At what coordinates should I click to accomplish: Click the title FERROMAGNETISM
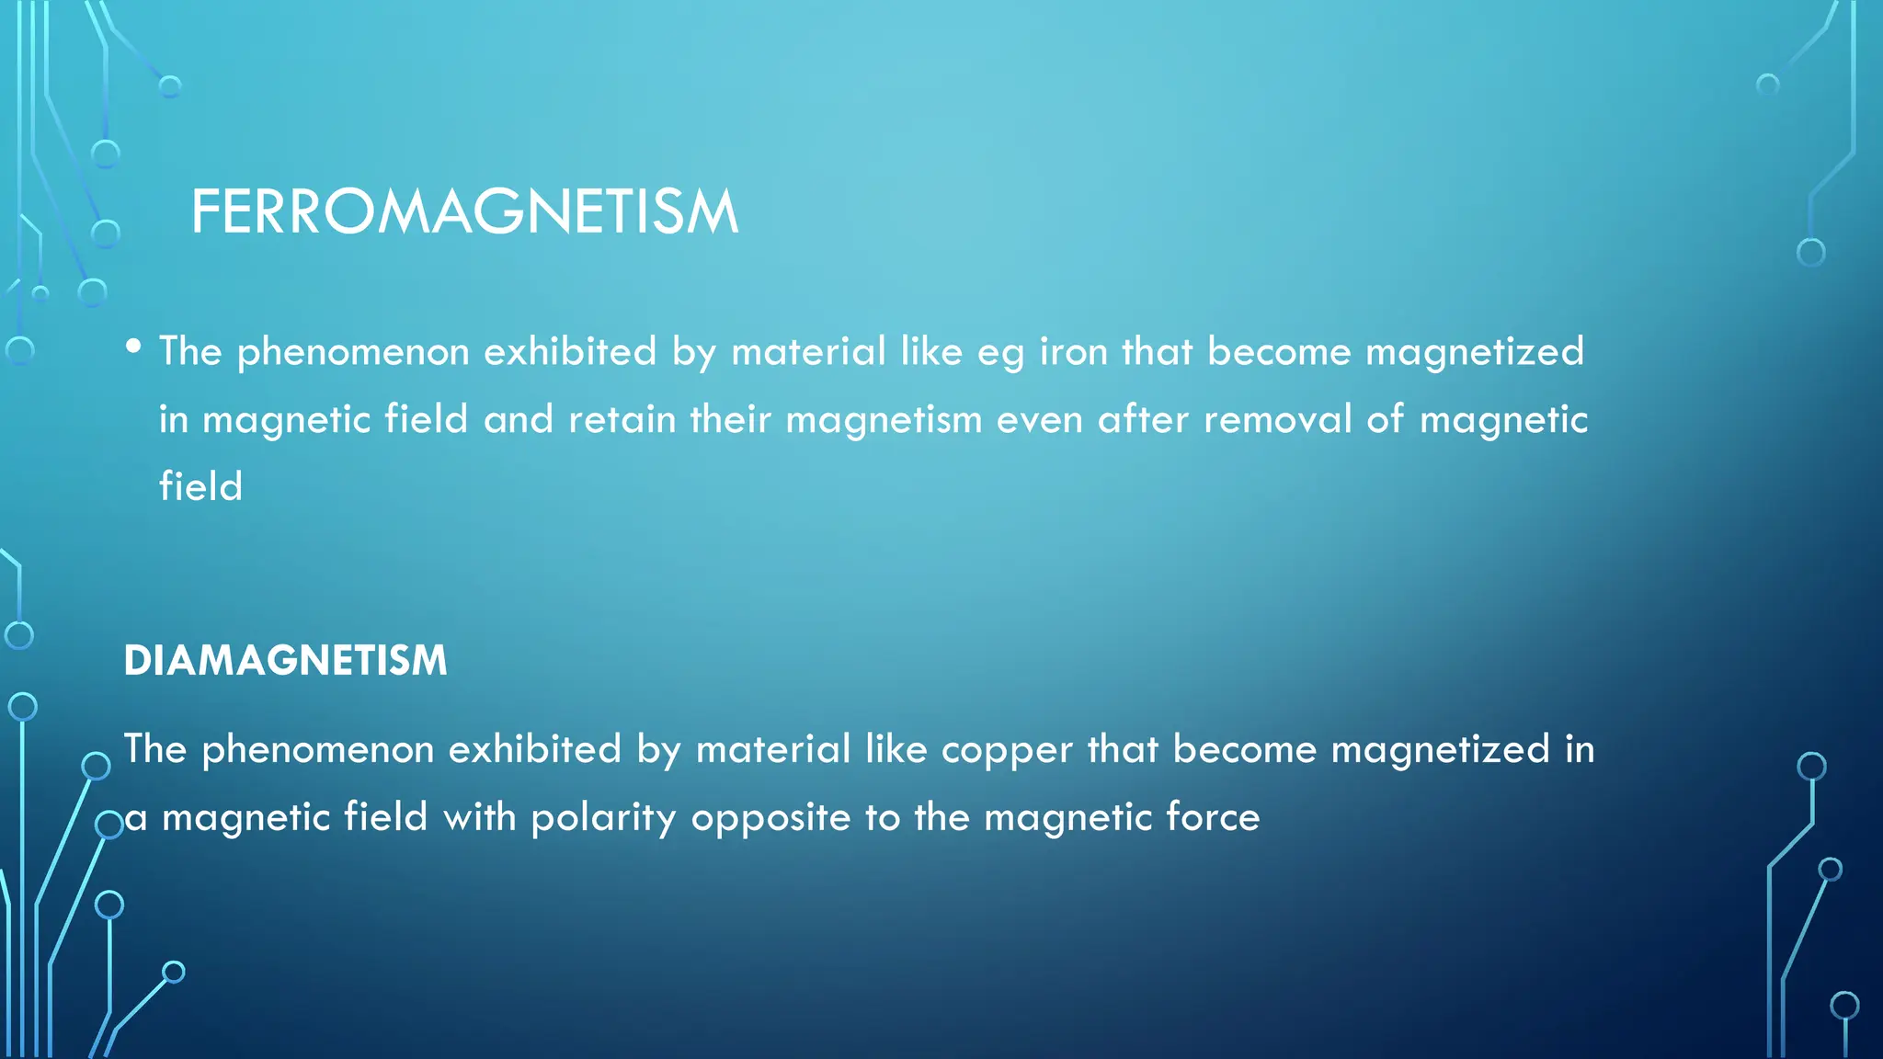pos(464,211)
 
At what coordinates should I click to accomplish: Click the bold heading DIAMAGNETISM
pos(285,660)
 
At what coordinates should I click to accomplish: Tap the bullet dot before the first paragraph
pos(134,347)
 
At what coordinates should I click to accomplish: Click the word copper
pos(1007,749)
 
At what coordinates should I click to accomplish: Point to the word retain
pos(622,419)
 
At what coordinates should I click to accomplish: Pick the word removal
pos(1277,419)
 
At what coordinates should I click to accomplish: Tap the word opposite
pos(770,818)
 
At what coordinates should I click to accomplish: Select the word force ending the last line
pos(1213,817)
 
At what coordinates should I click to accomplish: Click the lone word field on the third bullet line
pos(200,486)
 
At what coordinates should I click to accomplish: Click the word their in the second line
pos(730,419)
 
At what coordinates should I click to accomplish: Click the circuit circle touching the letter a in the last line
pos(109,825)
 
